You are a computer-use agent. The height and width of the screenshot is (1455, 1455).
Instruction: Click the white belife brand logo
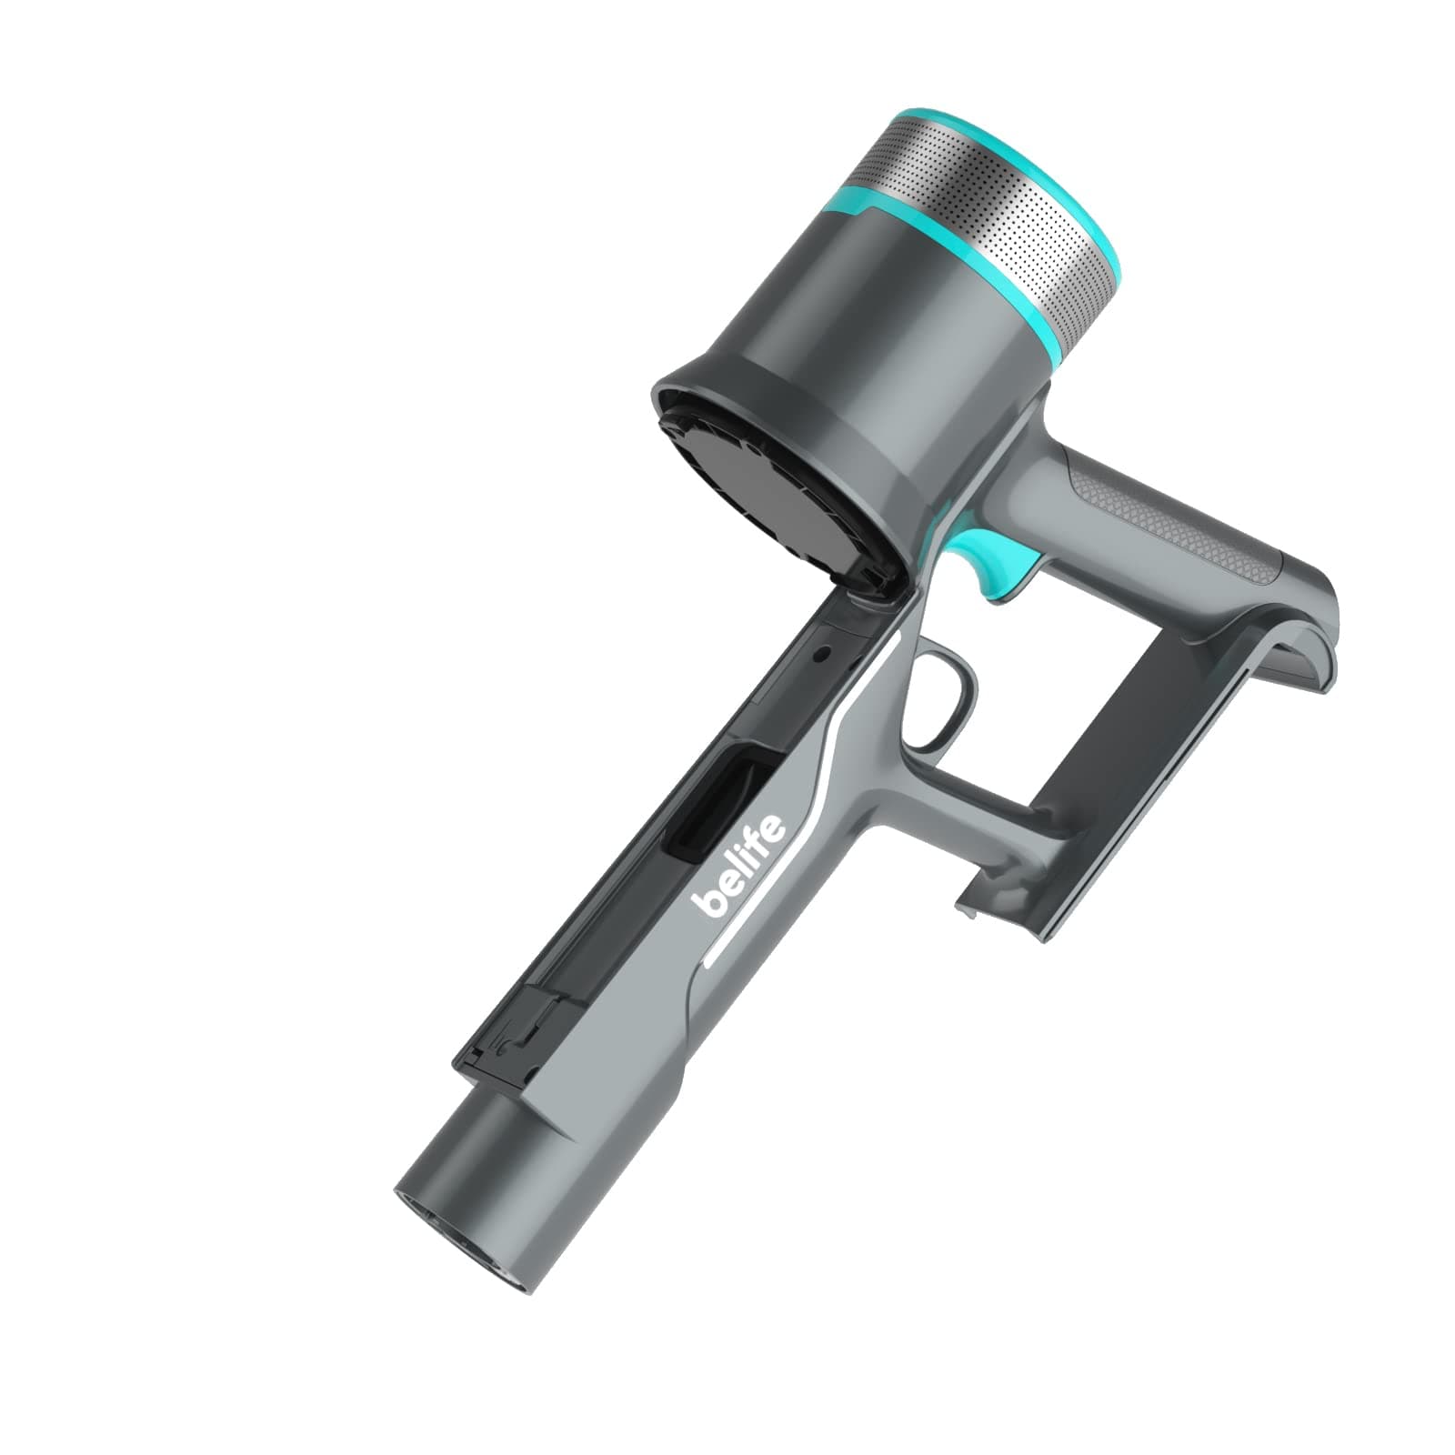point(738,866)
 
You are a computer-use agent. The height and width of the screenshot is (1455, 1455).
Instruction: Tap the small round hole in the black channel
point(822,653)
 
